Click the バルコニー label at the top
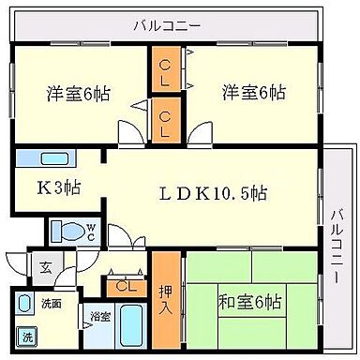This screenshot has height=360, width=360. pos(166,24)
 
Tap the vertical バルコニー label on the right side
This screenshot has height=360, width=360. pos(337,247)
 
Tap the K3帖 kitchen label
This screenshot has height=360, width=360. pos(57,186)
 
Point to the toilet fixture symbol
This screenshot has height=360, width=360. pos(67,230)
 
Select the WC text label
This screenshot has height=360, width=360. pos(91,230)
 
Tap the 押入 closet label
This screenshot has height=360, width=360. pos(166,300)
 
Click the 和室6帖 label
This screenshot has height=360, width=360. pos(247,302)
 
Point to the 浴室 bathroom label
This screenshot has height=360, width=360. pos(98,317)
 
